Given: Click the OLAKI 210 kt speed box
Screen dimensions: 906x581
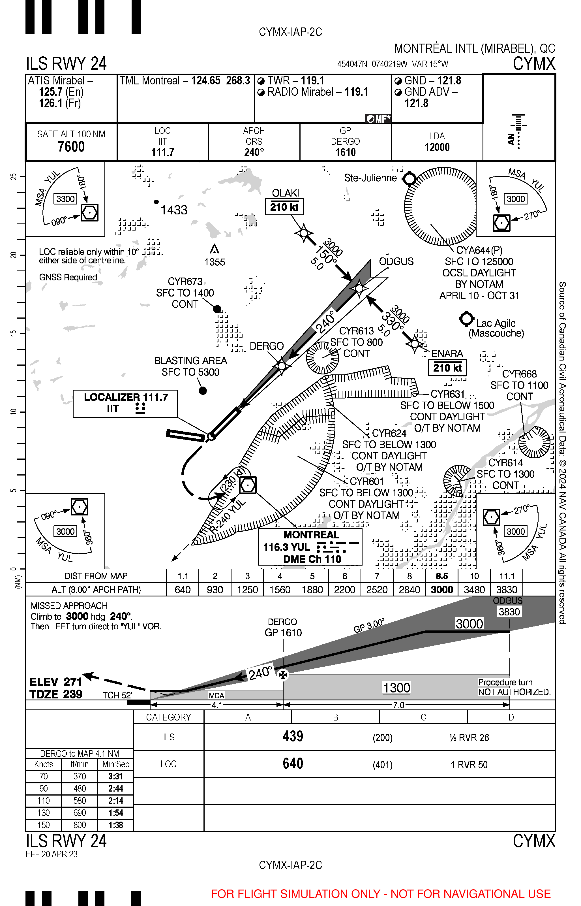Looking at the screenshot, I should click(x=284, y=207).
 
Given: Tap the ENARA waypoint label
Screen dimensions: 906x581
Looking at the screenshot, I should click(x=447, y=354).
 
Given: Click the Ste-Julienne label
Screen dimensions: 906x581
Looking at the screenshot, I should click(x=370, y=178).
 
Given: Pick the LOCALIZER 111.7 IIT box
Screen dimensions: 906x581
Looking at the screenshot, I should click(x=125, y=403).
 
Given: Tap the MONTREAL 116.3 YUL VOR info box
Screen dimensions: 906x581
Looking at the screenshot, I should click(x=310, y=547).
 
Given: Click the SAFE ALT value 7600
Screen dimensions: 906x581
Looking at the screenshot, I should click(x=71, y=146).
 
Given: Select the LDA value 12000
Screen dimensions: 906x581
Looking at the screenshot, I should click(x=437, y=147).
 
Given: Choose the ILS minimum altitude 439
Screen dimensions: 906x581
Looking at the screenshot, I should click(x=293, y=736).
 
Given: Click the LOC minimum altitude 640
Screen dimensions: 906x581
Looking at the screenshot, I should click(x=293, y=763).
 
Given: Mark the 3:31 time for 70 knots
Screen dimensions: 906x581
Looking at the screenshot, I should click(x=115, y=777).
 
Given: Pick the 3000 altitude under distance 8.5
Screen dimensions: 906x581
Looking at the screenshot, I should click(x=442, y=590).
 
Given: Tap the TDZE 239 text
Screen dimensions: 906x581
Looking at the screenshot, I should click(x=56, y=694).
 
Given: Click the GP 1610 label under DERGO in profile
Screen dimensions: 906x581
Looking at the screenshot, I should click(x=283, y=633).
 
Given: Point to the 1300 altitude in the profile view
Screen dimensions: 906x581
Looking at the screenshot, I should click(x=396, y=688).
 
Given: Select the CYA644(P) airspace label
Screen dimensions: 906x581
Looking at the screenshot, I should click(x=479, y=250).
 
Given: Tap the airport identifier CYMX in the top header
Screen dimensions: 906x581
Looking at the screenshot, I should click(x=534, y=63).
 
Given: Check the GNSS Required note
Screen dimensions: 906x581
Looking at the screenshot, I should click(x=68, y=278).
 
